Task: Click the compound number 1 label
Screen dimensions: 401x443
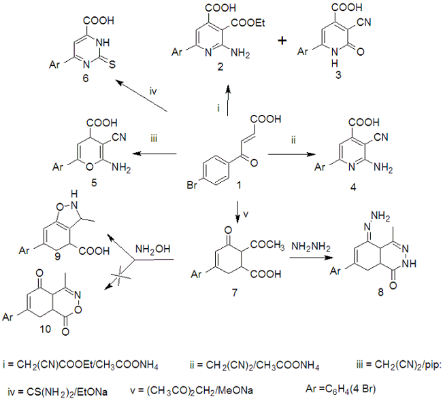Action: [234, 184]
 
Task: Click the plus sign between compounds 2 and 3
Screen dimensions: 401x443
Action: [280, 41]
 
